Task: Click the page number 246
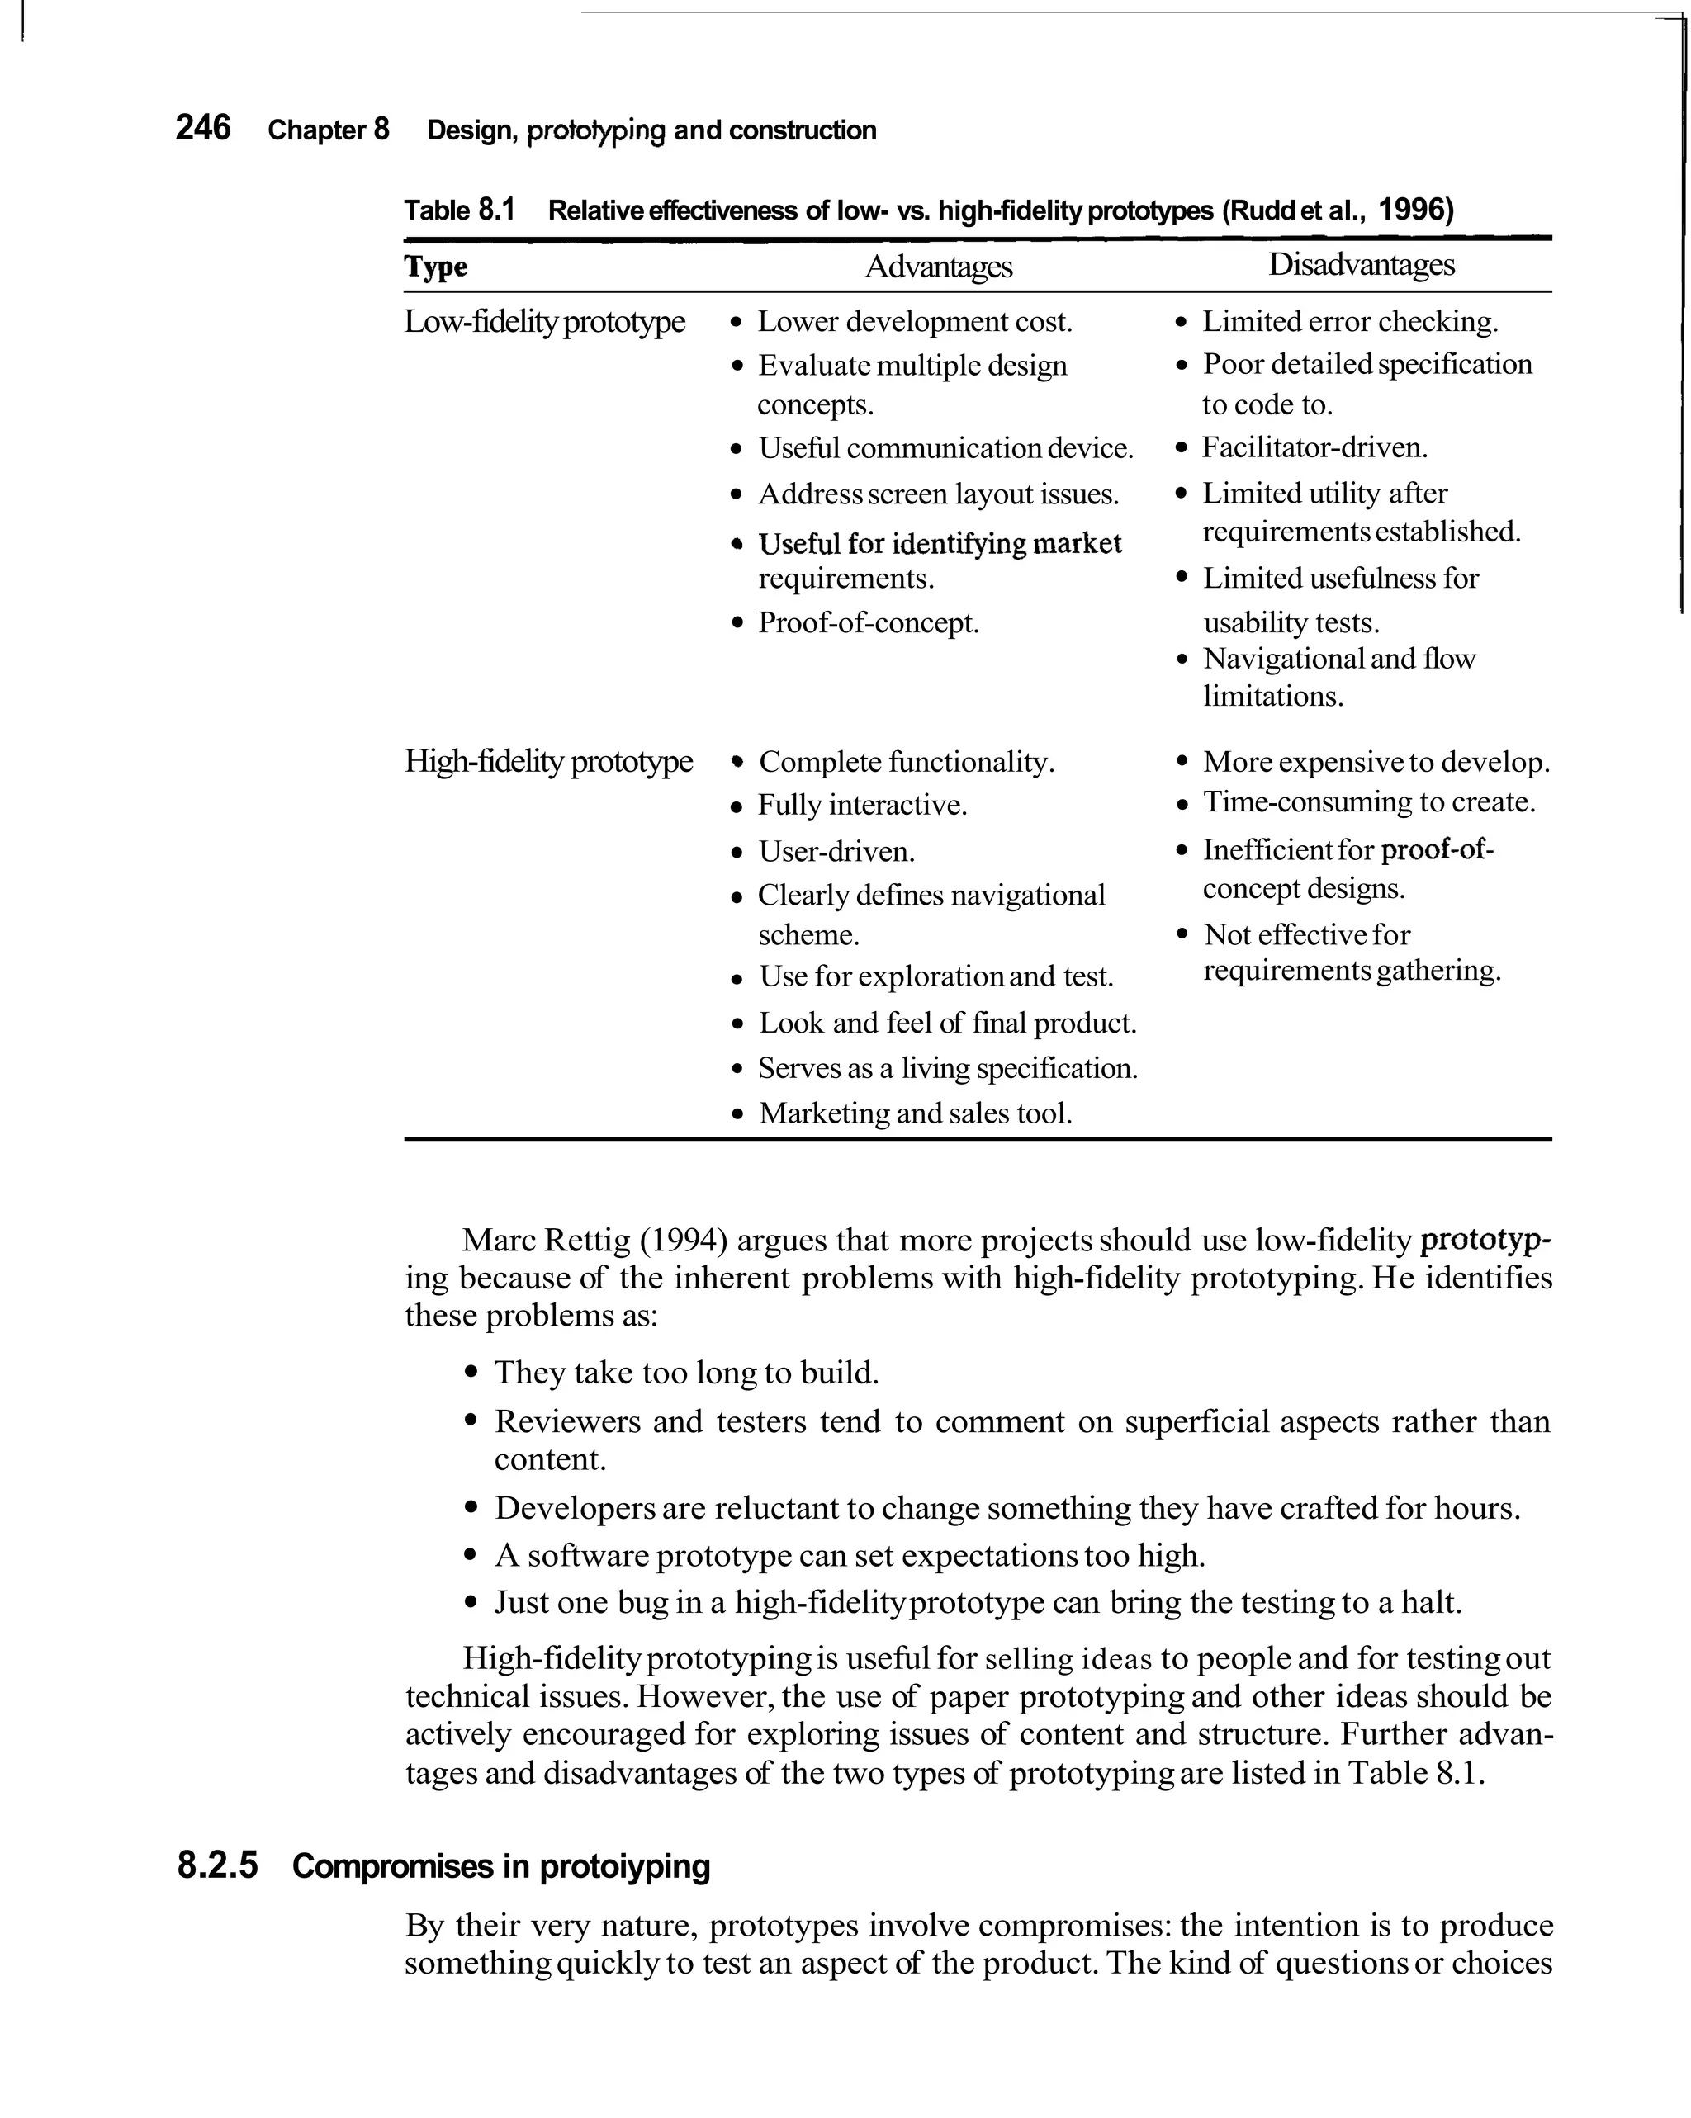pyautogui.click(x=202, y=128)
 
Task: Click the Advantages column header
pyautogui.click(x=937, y=267)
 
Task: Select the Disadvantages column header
pyautogui.click(x=1360, y=264)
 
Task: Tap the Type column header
pyautogui.click(x=436, y=267)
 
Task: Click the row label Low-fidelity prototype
pyautogui.click(x=544, y=321)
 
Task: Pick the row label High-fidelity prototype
pyautogui.click(x=548, y=761)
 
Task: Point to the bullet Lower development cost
pyautogui.click(x=914, y=321)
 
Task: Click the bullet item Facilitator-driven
pyautogui.click(x=1314, y=448)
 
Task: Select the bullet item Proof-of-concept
pyautogui.click(x=868, y=623)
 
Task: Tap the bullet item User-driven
pyautogui.click(x=836, y=851)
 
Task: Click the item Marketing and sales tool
pyautogui.click(x=914, y=1113)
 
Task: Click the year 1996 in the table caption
pyautogui.click(x=1415, y=210)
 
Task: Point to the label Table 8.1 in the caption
pyautogui.click(x=460, y=210)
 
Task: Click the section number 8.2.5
pyautogui.click(x=217, y=1865)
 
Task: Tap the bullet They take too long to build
pyautogui.click(x=686, y=1373)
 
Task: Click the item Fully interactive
pyautogui.click(x=862, y=806)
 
